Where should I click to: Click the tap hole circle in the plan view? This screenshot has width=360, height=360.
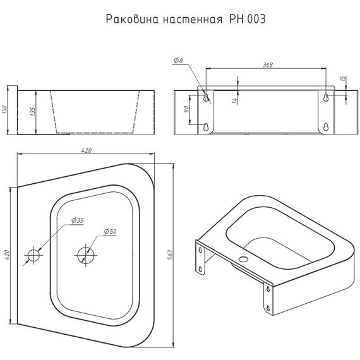coord(32,255)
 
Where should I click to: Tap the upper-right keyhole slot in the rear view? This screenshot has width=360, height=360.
coord(325,97)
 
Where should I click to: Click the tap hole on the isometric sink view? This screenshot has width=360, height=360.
coord(243,260)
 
